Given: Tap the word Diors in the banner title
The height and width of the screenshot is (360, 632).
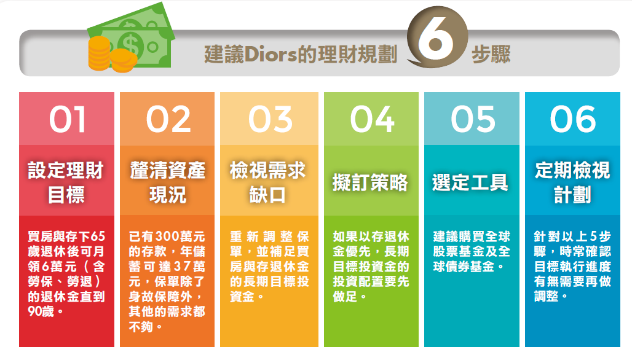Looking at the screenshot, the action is pyautogui.click(x=271, y=55).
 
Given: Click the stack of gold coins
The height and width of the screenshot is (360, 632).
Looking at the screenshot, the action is pyautogui.click(x=109, y=54).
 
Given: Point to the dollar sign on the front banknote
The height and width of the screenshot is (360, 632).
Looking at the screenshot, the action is pyautogui.click(x=130, y=45).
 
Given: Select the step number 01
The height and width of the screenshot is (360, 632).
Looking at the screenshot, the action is pyautogui.click(x=67, y=119).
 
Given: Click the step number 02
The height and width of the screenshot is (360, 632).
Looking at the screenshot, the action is pyautogui.click(x=168, y=119).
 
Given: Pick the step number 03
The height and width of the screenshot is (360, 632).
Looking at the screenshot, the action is pyautogui.click(x=270, y=119).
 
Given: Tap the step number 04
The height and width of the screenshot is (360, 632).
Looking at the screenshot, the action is pyautogui.click(x=371, y=119).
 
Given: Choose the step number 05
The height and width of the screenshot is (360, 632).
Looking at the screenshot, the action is pyautogui.click(x=473, y=119).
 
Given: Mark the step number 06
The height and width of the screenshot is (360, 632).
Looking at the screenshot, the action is pyautogui.click(x=573, y=119).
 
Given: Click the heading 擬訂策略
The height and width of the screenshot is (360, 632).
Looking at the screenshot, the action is pyautogui.click(x=371, y=183).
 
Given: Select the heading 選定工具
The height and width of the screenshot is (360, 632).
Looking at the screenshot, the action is pyautogui.click(x=470, y=183).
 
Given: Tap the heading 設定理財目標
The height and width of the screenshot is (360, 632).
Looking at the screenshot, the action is pyautogui.click(x=66, y=182).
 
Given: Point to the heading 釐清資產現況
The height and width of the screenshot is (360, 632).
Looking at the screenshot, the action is pyautogui.click(x=168, y=182).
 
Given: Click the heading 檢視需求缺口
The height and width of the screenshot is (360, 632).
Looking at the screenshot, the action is pyautogui.click(x=267, y=182).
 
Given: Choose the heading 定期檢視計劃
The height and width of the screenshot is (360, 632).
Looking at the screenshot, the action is pyautogui.click(x=573, y=182).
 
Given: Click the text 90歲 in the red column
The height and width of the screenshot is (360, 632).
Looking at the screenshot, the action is pyautogui.click(x=41, y=311).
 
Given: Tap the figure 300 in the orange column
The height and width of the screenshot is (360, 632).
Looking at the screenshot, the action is pyautogui.click(x=167, y=237).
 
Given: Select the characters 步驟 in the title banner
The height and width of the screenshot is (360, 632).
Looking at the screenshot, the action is pyautogui.click(x=491, y=55).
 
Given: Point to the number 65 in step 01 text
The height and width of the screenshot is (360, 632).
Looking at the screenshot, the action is pyautogui.click(x=98, y=237).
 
